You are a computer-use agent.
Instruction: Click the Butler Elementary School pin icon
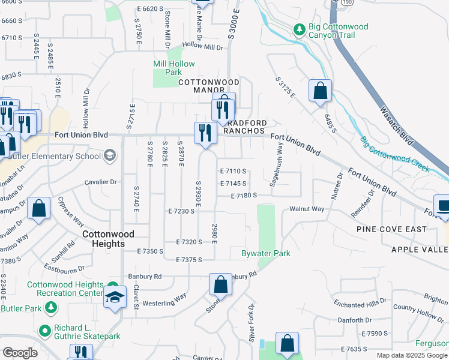click(110, 157)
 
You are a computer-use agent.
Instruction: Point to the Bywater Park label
click(266, 254)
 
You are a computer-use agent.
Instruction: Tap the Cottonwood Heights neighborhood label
click(108, 239)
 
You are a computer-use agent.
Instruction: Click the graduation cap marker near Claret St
click(115, 297)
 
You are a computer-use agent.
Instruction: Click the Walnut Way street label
click(307, 209)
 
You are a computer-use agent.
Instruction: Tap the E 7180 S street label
click(244, 196)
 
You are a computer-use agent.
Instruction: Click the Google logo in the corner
click(20, 353)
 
